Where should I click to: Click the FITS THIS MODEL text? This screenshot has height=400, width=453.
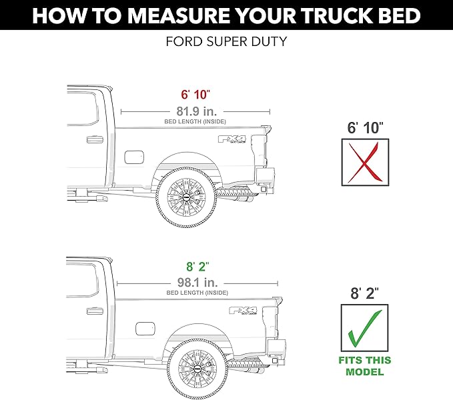pyautogui.click(x=365, y=367)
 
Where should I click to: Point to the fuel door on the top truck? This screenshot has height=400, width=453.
pyautogui.click(x=134, y=159)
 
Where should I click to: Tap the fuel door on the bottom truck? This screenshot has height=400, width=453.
pyautogui.click(x=145, y=329)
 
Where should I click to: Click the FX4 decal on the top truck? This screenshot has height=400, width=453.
pyautogui.click(x=233, y=140)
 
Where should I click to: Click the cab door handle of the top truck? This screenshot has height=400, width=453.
pyautogui.click(x=91, y=140)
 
